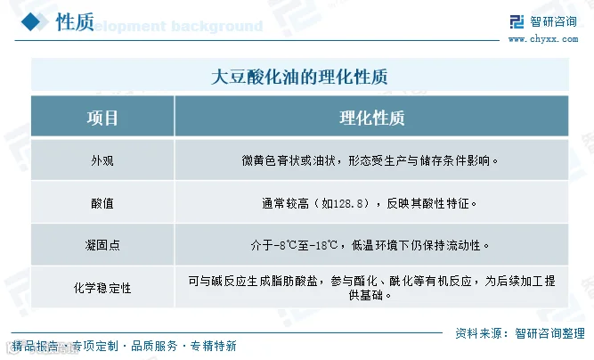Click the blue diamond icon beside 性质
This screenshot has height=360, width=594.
pyautogui.click(x=30, y=21)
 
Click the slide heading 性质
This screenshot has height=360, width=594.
pyautogui.click(x=75, y=22)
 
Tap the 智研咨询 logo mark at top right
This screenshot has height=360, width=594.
pyautogui.click(x=517, y=22)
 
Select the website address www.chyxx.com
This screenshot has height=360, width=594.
pyautogui.click(x=543, y=39)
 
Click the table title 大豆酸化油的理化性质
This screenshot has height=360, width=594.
pyautogui.click(x=299, y=77)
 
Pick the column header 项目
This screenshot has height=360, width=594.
pyautogui.click(x=102, y=118)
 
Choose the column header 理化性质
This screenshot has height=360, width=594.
pyautogui.click(x=372, y=118)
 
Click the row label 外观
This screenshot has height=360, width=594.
pyautogui.click(x=102, y=160)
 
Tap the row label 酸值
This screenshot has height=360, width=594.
pyautogui.click(x=102, y=203)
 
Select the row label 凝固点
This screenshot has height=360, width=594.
pyautogui.click(x=102, y=245)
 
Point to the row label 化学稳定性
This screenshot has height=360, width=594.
pyautogui.click(x=102, y=288)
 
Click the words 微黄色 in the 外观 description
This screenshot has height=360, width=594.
pyautogui.click(x=259, y=160)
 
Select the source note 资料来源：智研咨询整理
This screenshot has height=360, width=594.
pyautogui.click(x=520, y=333)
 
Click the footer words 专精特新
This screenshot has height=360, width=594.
pyautogui.click(x=213, y=346)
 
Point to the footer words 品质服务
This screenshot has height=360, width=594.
pyautogui.click(x=154, y=346)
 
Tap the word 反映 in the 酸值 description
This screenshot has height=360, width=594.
pyautogui.click(x=398, y=203)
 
